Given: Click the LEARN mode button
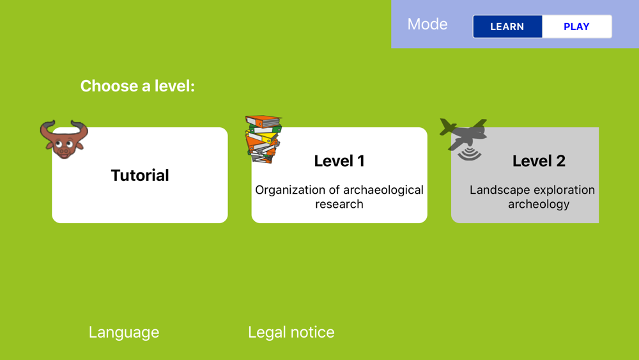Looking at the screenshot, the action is (507, 26).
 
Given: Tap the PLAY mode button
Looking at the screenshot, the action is (576, 26).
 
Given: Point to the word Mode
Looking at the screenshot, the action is (427, 24).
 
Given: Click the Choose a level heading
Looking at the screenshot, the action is (138, 86).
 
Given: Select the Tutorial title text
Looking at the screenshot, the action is (140, 175).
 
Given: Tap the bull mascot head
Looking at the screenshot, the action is (64, 139).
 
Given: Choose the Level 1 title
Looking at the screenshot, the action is (339, 161).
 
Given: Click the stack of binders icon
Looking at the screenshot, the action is (263, 139).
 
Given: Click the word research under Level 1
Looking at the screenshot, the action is (339, 204).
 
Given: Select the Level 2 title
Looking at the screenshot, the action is (539, 161).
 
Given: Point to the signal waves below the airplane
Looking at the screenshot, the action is (470, 153).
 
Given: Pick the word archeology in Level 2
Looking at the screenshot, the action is (539, 204).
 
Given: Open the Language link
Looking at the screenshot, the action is (124, 333).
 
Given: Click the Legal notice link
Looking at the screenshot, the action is (291, 333).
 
